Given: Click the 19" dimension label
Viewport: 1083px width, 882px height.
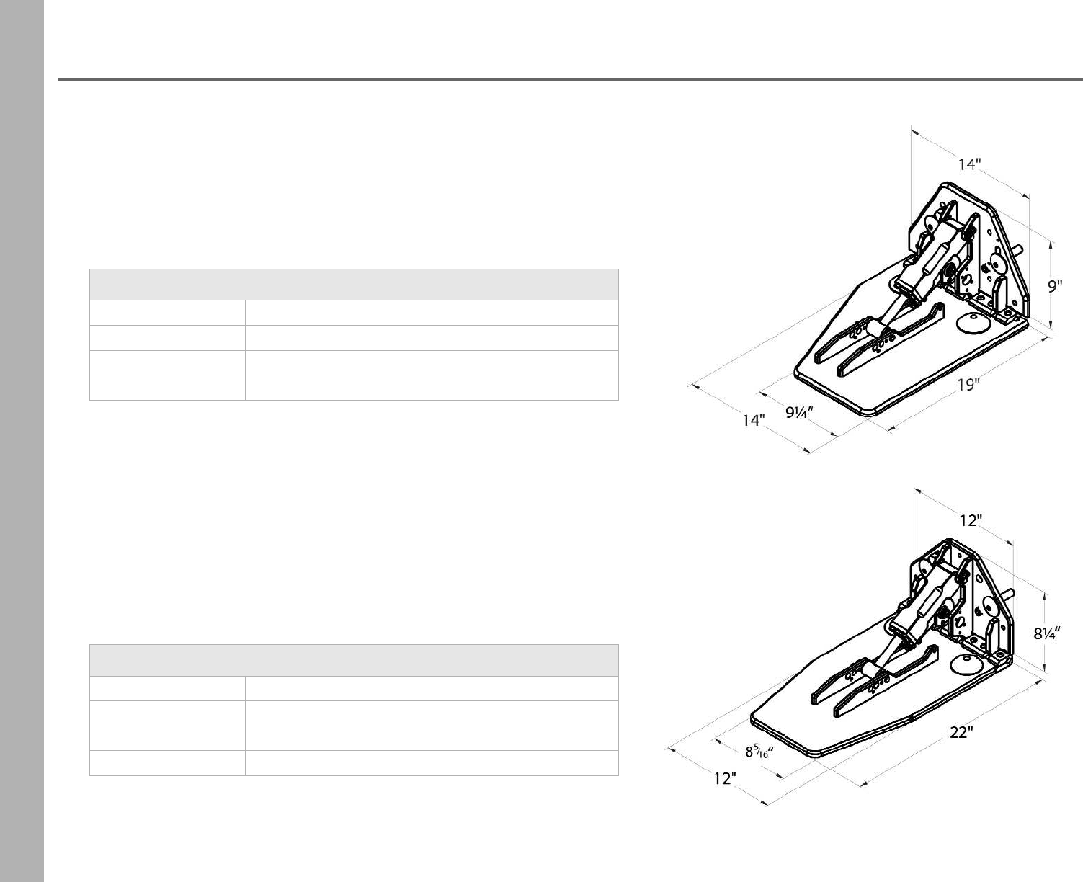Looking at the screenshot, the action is (x=968, y=385).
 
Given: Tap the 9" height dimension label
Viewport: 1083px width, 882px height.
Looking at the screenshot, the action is (x=1055, y=287).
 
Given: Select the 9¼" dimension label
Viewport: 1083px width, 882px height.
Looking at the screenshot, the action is (x=799, y=412).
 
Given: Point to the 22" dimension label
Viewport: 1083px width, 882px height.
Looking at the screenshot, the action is (x=961, y=733).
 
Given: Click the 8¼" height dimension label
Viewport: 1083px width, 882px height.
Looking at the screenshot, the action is (x=1047, y=633).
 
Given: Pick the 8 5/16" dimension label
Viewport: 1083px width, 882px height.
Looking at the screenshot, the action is (x=759, y=752).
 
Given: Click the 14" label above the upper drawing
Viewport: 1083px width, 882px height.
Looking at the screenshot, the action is (x=970, y=164).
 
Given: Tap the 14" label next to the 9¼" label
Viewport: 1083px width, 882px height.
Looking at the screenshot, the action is (x=754, y=420).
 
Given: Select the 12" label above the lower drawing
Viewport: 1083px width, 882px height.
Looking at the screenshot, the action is (x=971, y=520).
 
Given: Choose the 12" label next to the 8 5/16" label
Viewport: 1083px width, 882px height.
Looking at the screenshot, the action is (x=725, y=778).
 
